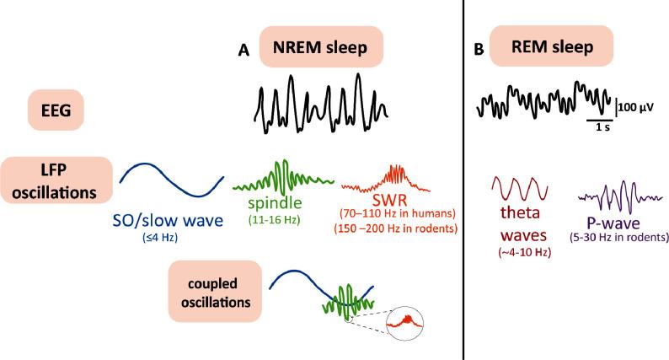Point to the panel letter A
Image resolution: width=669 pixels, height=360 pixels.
pyautogui.click(x=244, y=51)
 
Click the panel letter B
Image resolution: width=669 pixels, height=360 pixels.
pyautogui.click(x=479, y=51)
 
